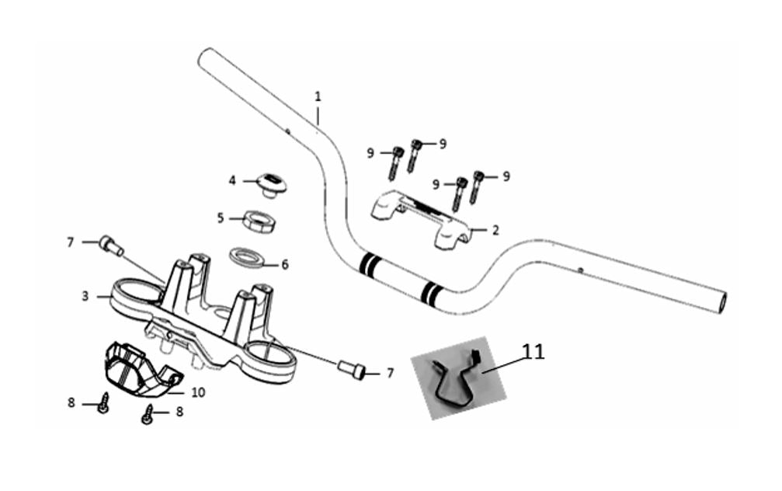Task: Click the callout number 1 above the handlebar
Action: pyautogui.click(x=318, y=96)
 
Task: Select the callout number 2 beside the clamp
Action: pyautogui.click(x=495, y=230)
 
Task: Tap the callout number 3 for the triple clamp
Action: pyautogui.click(x=85, y=296)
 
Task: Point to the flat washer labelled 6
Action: pyautogui.click(x=246, y=257)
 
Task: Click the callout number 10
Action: pyautogui.click(x=198, y=392)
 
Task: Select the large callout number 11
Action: pyautogui.click(x=533, y=351)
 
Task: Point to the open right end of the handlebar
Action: pyautogui.click(x=721, y=303)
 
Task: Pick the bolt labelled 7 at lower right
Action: pyautogui.click(x=352, y=370)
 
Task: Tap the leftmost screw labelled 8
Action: pyautogui.click(x=104, y=402)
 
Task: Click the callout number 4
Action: pyautogui.click(x=232, y=180)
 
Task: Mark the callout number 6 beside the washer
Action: pyautogui.click(x=285, y=264)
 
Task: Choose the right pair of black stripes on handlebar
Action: pyautogui.click(x=432, y=293)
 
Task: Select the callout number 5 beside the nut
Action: pyautogui.click(x=221, y=218)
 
